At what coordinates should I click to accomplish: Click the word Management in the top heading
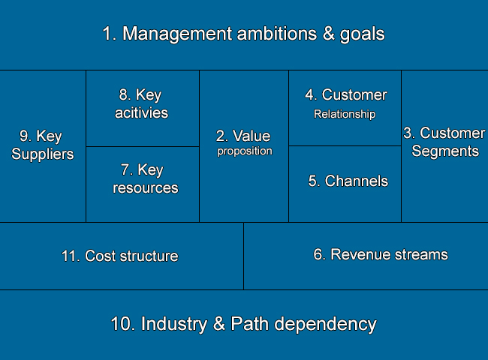tap(177, 34)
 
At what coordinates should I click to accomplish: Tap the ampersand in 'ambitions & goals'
tap(328, 33)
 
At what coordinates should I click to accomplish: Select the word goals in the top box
tap(363, 34)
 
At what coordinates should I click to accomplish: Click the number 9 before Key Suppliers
tap(25, 136)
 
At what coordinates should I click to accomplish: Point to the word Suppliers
tap(43, 154)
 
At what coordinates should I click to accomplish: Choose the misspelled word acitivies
tap(142, 112)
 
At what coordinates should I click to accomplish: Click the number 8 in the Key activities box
tap(124, 94)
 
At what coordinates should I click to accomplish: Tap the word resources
tap(146, 188)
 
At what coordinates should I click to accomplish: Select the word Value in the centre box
tap(252, 136)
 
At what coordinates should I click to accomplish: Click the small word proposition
tap(245, 151)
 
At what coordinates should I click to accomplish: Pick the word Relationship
tap(345, 115)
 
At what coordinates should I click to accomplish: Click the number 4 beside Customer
tap(310, 94)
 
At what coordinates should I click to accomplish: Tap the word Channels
tap(357, 181)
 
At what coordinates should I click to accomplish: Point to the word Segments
tap(445, 151)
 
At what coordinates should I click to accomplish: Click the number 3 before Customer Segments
tap(408, 133)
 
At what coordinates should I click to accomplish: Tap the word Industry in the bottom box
tap(174, 324)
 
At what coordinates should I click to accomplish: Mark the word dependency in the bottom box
tap(325, 324)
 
